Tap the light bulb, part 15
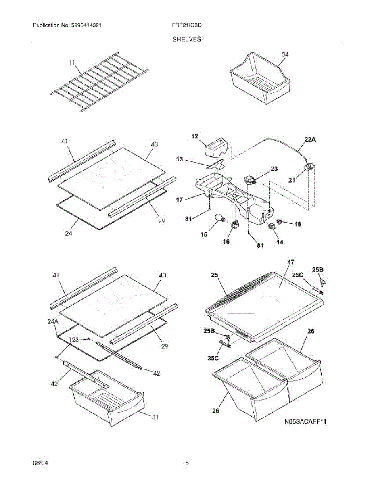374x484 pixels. pyautogui.click(x=221, y=219)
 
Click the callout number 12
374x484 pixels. pyautogui.click(x=194, y=137)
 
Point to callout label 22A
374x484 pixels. pyautogui.click(x=310, y=140)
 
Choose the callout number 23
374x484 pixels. pyautogui.click(x=274, y=169)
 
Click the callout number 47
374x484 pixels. pyautogui.click(x=290, y=262)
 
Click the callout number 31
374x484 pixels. pyautogui.click(x=155, y=417)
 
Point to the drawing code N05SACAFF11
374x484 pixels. pyautogui.click(x=305, y=422)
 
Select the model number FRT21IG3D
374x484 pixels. pyautogui.click(x=187, y=25)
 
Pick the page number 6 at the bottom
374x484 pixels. pyautogui.click(x=187, y=463)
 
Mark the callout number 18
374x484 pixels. pyautogui.click(x=298, y=224)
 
